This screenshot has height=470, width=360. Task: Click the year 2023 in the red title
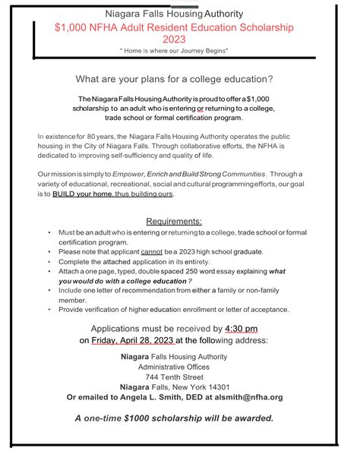(179, 39)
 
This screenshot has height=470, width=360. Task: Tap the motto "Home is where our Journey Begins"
(179, 51)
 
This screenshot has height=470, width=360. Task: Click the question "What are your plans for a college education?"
(179, 80)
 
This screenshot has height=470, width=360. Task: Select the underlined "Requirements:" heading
(179, 220)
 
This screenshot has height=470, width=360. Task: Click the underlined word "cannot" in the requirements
(153, 251)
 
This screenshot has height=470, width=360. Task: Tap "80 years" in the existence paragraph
(89, 136)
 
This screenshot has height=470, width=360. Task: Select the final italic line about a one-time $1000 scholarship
(179, 418)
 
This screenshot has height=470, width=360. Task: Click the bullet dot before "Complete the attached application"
(49, 261)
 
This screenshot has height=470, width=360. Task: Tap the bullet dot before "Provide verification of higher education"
(49, 309)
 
